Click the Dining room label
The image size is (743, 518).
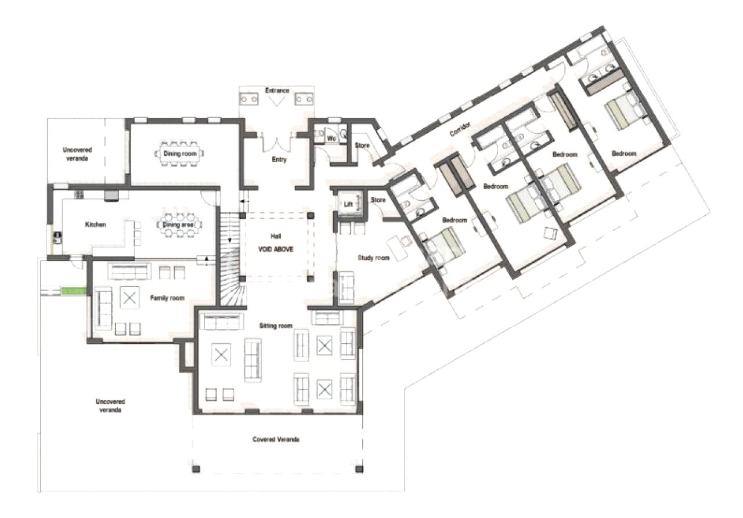pyautogui.click(x=180, y=154)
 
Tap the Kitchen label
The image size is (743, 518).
pyautogui.click(x=96, y=224)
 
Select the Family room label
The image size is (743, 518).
pyautogui.click(x=167, y=298)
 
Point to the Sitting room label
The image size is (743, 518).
pyautogui.click(x=276, y=326)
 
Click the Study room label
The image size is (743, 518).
pyautogui.click(x=373, y=258)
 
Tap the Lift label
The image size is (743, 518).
pyautogui.click(x=348, y=204)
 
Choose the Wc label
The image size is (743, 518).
pyautogui.click(x=331, y=138)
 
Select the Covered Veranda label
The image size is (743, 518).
pyautogui.click(x=276, y=440)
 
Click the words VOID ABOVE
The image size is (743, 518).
pyautogui.click(x=276, y=249)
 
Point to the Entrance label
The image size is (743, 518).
pyautogui.click(x=277, y=90)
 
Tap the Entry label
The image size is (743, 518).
pyautogui.click(x=279, y=160)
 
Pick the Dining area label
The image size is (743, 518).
pyautogui.click(x=178, y=224)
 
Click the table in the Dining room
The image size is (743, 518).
pyautogui.click(x=179, y=154)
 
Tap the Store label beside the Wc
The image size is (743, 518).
pyautogui.click(x=362, y=146)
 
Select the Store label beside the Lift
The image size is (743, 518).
pyautogui.click(x=378, y=200)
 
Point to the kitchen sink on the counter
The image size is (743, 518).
pyautogui.click(x=57, y=237)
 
